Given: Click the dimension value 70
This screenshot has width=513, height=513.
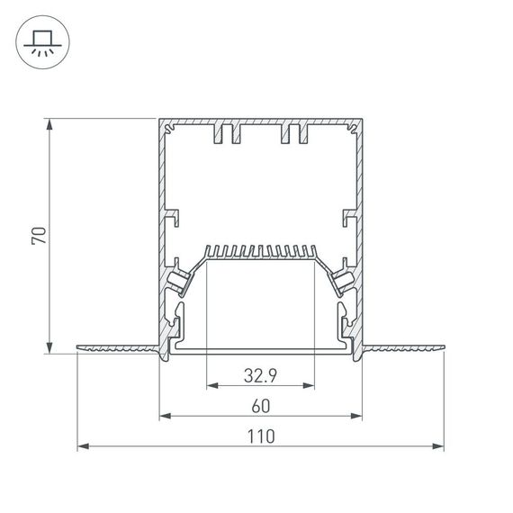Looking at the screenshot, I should point(38,236).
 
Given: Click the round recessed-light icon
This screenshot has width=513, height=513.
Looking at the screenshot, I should point(40,42).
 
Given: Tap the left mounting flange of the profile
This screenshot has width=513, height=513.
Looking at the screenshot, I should point(117,347).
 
